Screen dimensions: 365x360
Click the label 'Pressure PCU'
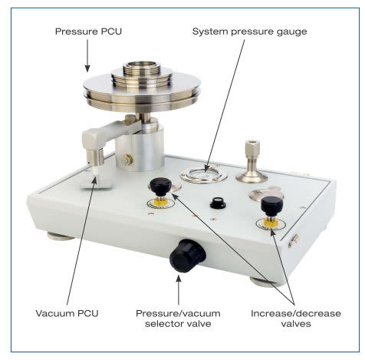88,31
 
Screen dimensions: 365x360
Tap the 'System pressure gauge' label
249,31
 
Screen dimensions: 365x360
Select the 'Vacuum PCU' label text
67,313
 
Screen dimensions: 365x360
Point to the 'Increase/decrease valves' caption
296,319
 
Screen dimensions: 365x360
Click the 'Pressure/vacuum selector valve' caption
178,319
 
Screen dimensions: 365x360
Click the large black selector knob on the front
187,256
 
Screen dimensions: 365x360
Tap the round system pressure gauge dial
204,175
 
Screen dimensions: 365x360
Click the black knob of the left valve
160,187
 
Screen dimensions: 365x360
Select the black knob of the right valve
271,206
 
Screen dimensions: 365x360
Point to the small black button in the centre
218,203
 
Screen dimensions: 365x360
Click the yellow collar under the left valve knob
161,201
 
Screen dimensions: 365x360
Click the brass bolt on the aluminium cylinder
127,160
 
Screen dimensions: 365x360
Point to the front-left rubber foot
61,236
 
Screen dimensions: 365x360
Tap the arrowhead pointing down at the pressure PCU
87,68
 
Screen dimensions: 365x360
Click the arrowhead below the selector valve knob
179,278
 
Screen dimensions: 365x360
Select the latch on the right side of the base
294,241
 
